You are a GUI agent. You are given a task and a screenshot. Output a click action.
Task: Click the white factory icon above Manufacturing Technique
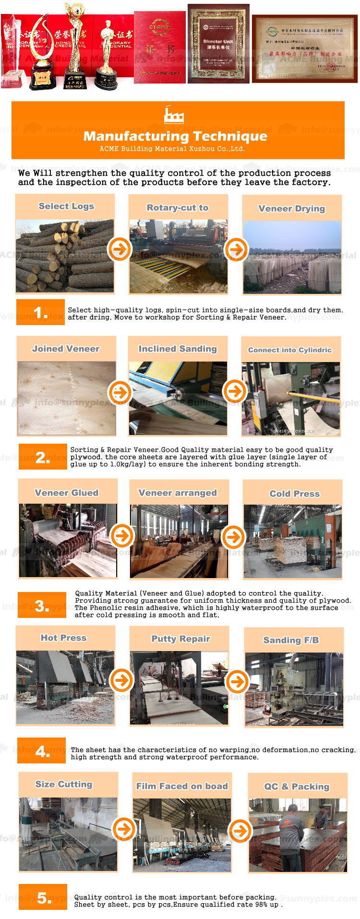[x=173, y=115]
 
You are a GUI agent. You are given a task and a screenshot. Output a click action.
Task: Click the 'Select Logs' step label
[x=66, y=206]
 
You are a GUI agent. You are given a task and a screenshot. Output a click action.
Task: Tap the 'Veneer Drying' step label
[x=291, y=209]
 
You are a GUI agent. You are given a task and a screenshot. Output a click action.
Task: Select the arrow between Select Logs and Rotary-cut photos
[x=120, y=249]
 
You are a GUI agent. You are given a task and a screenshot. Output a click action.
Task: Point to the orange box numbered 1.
[x=40, y=313]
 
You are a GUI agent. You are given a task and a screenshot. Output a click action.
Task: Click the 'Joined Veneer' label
[x=66, y=349]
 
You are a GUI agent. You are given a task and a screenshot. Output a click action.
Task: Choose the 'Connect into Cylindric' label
[x=289, y=350]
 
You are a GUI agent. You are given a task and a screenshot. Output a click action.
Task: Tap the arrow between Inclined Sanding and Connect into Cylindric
[x=235, y=391]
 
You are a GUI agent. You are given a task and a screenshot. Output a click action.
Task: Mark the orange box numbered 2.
[x=43, y=457]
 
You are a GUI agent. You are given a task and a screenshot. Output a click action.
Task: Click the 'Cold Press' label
[x=294, y=494]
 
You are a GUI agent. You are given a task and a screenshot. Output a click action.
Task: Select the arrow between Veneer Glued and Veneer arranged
[x=122, y=535]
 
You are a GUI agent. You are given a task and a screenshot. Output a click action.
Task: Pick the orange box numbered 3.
[x=42, y=605]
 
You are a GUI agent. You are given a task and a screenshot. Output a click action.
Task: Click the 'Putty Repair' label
[x=180, y=639]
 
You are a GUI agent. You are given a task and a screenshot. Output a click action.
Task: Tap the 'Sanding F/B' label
[x=291, y=640]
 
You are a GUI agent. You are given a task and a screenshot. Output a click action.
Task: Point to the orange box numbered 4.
[x=42, y=751]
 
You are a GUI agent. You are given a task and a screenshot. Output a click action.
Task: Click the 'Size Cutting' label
[x=63, y=784]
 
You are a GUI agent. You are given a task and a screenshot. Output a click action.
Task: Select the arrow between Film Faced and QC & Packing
[x=240, y=831]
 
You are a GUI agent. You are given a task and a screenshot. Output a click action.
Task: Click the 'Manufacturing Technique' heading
[x=175, y=136]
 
